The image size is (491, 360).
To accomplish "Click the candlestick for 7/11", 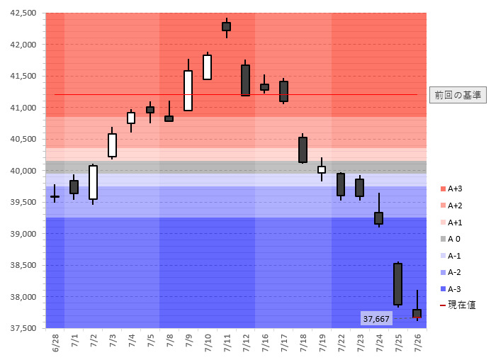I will [x=226, y=26].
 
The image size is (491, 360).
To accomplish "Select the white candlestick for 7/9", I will [x=188, y=90].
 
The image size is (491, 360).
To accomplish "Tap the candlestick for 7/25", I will [x=397, y=284].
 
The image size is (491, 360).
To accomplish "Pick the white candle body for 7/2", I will [x=93, y=182].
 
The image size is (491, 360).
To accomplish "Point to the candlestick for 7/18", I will [x=303, y=150].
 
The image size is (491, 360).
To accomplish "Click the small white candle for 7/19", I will [x=321, y=169].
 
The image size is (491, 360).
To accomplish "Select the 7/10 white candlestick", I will [x=207, y=67].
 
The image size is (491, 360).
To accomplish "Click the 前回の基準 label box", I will [x=458, y=95].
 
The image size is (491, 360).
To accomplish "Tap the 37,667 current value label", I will [x=376, y=319].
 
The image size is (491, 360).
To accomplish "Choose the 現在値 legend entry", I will [x=458, y=305].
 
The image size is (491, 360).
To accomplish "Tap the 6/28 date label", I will [x=55, y=344].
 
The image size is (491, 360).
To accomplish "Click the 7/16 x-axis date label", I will [x=264, y=344].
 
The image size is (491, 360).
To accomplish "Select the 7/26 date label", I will [x=417, y=344].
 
